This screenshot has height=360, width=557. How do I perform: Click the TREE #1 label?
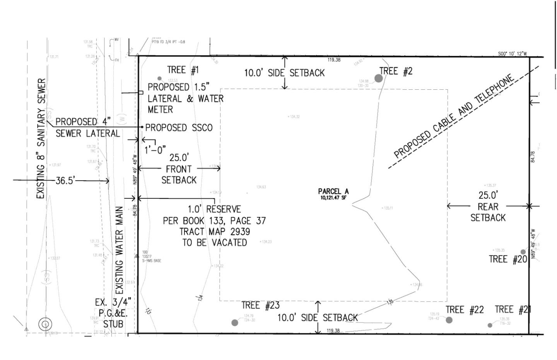tap(183, 70)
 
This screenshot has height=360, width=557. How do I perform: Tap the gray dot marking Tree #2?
tap(378, 78)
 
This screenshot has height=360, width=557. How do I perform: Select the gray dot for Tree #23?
tap(235, 322)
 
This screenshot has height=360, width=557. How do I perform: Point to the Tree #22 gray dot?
tap(449, 320)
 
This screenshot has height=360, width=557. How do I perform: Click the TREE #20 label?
tap(507, 259)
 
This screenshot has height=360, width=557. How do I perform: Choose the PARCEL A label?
tap(333, 191)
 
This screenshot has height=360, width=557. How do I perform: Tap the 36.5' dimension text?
tap(65, 181)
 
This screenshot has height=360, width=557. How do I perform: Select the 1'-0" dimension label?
tap(155, 150)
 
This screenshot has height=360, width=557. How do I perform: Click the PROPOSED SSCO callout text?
tap(179, 128)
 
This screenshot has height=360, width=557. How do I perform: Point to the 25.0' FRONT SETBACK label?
tap(179, 169)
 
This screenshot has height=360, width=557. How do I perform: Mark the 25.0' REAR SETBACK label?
tap(488, 206)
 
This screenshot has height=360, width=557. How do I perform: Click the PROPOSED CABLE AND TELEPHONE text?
tap(454, 116)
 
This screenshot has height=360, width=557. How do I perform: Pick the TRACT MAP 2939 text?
tap(214, 232)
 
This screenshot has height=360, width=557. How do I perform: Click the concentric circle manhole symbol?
tap(45, 324)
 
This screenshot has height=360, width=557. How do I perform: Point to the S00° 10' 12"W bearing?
tap(512, 54)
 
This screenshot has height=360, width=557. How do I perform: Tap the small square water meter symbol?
tap(141, 92)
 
